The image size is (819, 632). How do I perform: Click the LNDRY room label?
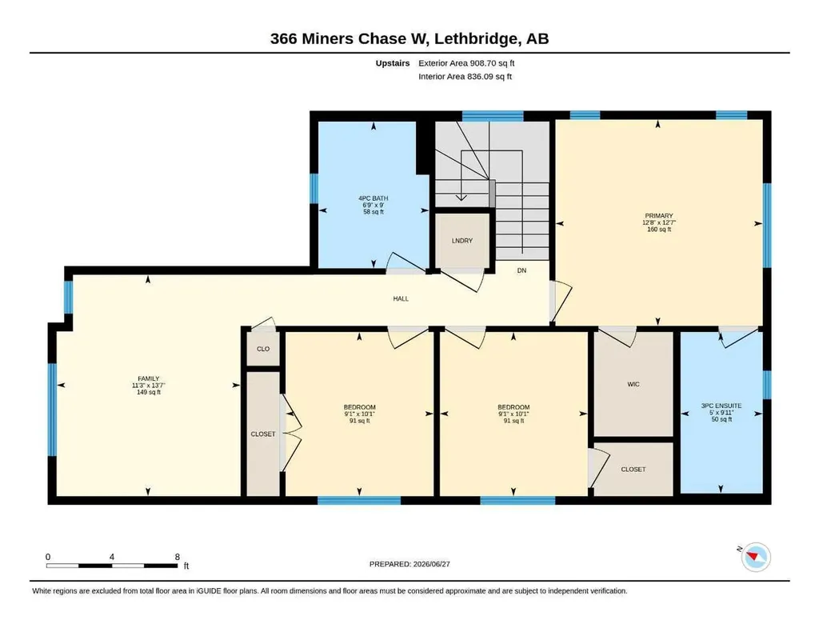[x=462, y=241]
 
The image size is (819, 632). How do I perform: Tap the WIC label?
[x=633, y=385]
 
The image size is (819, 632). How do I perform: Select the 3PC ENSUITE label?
[x=721, y=406]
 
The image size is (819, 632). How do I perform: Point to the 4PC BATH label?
[x=374, y=198]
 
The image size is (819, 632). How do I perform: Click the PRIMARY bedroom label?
[x=659, y=216]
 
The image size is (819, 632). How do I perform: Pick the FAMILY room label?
[x=149, y=378]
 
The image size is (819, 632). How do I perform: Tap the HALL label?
[x=402, y=298]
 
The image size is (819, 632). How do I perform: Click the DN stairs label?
[x=521, y=270]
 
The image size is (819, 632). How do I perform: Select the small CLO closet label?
[x=263, y=349]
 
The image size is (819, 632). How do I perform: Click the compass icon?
[x=755, y=558]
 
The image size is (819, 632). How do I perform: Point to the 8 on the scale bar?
[x=178, y=557]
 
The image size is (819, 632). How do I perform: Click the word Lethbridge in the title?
[x=477, y=38]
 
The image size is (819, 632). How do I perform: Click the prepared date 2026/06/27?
[x=431, y=564]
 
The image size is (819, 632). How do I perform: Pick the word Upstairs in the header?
[x=393, y=63]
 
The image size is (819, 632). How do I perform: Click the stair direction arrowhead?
[x=461, y=197]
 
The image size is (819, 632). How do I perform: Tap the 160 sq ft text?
[x=659, y=230]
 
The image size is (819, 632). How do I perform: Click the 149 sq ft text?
[x=149, y=392]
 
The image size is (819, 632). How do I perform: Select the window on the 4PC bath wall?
[x=314, y=188]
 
